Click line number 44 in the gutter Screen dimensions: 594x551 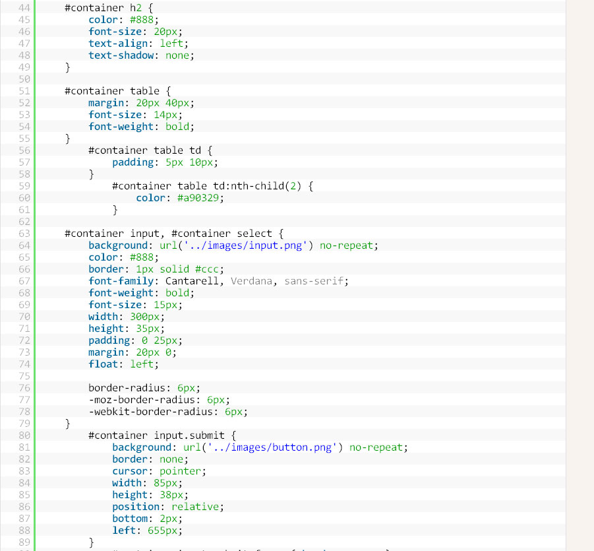[24, 8]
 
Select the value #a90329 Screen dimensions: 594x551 [198, 198]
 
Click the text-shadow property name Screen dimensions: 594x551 [121, 55]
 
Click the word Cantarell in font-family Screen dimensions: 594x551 [192, 281]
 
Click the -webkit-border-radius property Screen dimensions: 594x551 [151, 412]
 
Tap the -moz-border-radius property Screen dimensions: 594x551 [142, 400]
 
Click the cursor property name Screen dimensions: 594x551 [130, 471]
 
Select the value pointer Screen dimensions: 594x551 [181, 471]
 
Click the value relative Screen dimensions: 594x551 [195, 507]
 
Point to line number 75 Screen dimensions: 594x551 [24, 376]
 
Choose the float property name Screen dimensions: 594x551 [103, 364]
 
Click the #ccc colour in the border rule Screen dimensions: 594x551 [207, 269]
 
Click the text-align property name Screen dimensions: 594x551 [118, 44]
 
